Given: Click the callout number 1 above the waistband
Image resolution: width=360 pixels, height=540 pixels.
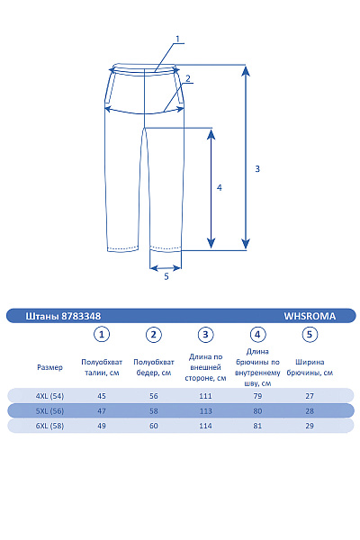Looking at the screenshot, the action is [x=178, y=40].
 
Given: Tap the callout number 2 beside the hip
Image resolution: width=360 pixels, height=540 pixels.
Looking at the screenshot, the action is [x=188, y=78].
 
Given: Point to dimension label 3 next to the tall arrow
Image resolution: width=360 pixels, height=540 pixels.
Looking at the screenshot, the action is [x=257, y=169].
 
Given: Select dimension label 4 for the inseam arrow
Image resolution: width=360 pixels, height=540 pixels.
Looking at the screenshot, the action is [x=220, y=188].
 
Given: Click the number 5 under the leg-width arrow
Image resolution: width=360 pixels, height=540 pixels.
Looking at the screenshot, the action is [x=166, y=276].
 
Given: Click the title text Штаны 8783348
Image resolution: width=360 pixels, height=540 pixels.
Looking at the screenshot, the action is [x=63, y=316].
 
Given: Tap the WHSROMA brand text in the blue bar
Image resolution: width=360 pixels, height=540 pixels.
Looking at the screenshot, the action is [x=310, y=316].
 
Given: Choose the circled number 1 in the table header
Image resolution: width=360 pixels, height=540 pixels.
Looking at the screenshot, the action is [x=102, y=335].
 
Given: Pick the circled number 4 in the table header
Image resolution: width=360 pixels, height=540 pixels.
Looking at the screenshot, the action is [x=257, y=335].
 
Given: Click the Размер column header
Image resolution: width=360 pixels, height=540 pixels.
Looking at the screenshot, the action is [x=50, y=367].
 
